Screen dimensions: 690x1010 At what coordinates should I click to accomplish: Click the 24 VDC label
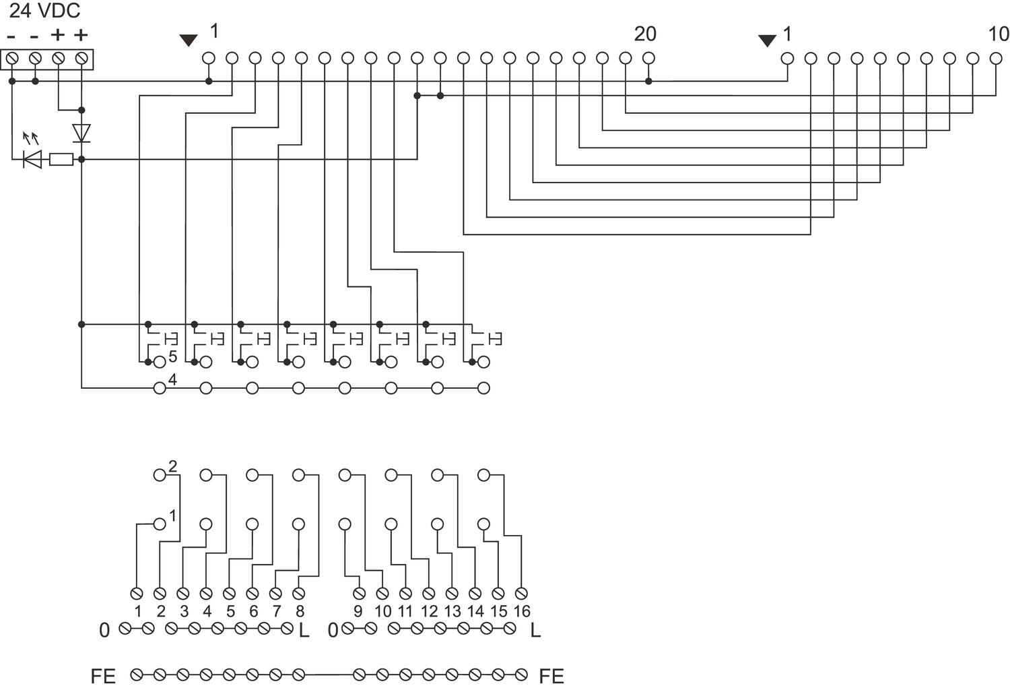(x=44, y=11)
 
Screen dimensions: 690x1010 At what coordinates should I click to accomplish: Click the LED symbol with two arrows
(x=32, y=159)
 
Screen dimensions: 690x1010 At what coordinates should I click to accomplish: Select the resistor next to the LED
(x=61, y=160)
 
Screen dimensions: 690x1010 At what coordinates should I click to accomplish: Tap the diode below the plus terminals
(x=81, y=133)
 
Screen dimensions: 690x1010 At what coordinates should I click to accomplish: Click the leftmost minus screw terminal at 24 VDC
(x=12, y=59)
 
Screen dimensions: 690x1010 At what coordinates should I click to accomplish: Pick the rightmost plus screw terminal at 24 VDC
(x=81, y=59)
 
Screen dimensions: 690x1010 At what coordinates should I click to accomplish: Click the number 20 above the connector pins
(x=645, y=34)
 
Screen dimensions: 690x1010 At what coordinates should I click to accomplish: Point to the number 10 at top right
(x=998, y=34)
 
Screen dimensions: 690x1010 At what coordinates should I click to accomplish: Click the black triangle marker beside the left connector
(x=189, y=40)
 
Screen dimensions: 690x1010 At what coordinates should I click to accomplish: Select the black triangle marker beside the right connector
(x=767, y=40)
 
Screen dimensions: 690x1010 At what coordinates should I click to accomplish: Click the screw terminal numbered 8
(x=299, y=594)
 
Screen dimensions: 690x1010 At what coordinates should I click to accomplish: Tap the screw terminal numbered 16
(x=521, y=594)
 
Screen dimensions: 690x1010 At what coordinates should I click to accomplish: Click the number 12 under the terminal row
(x=429, y=612)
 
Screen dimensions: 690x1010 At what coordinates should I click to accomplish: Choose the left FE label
(x=103, y=676)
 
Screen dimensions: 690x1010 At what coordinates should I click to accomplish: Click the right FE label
(x=551, y=676)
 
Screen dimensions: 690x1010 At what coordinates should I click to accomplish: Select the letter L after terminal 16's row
(x=535, y=631)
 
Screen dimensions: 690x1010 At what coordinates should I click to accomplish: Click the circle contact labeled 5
(x=160, y=363)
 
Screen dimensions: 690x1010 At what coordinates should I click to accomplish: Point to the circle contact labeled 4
(x=160, y=388)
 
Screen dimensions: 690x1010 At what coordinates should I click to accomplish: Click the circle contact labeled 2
(x=160, y=475)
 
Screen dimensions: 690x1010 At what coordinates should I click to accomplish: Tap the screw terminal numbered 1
(x=137, y=594)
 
